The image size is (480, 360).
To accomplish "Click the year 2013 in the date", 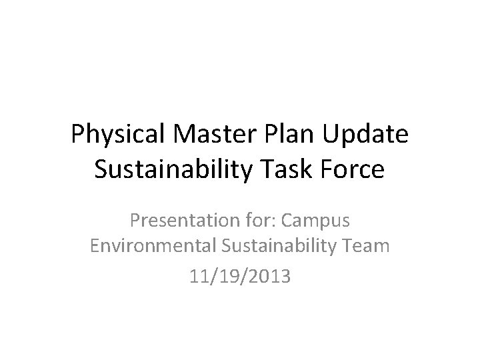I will click(270, 276).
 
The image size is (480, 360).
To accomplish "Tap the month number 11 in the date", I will click(198, 276).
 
